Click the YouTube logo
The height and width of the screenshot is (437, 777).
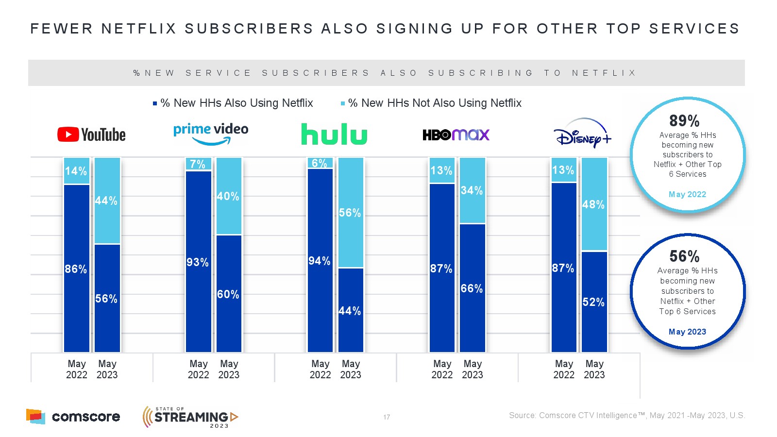click(x=91, y=134)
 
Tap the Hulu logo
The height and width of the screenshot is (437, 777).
click(x=334, y=134)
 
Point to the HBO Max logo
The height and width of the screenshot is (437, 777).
click(x=456, y=134)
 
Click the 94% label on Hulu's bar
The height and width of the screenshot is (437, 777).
click(x=320, y=261)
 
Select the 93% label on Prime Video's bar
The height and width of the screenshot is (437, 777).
click(x=198, y=262)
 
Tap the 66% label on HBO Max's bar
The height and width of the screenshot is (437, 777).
click(x=472, y=288)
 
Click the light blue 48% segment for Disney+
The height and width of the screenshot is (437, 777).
click(x=594, y=204)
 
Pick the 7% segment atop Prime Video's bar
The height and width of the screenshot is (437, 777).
click(x=198, y=164)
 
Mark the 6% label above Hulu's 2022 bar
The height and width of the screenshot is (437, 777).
click(x=320, y=163)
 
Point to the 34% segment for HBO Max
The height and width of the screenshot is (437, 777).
click(x=472, y=190)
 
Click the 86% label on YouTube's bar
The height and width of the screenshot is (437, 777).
click(x=76, y=269)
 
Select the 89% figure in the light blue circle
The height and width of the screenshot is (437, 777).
click(x=684, y=120)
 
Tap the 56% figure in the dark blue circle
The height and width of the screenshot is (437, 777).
click(x=684, y=256)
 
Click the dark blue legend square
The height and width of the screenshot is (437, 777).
click(x=155, y=103)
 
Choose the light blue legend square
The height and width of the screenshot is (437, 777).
click(x=343, y=103)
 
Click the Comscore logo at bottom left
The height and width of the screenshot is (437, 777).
click(x=73, y=417)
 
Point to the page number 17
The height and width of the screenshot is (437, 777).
click(x=387, y=417)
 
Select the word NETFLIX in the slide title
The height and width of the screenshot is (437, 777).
click(x=139, y=29)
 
